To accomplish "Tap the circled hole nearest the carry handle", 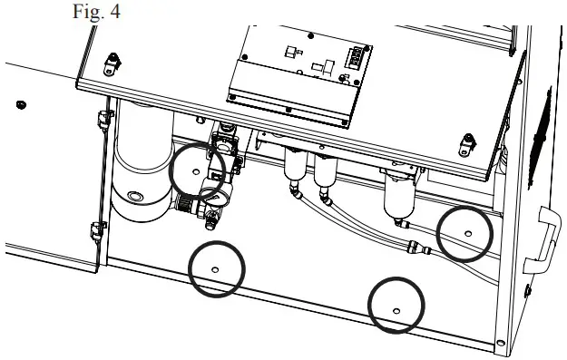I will [467, 233].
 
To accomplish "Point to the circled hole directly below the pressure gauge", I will [215, 269].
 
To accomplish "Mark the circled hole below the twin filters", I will [396, 309].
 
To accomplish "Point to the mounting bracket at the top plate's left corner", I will [110, 63].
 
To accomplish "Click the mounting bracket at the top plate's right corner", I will [468, 141].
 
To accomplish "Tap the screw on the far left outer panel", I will [21, 105].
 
